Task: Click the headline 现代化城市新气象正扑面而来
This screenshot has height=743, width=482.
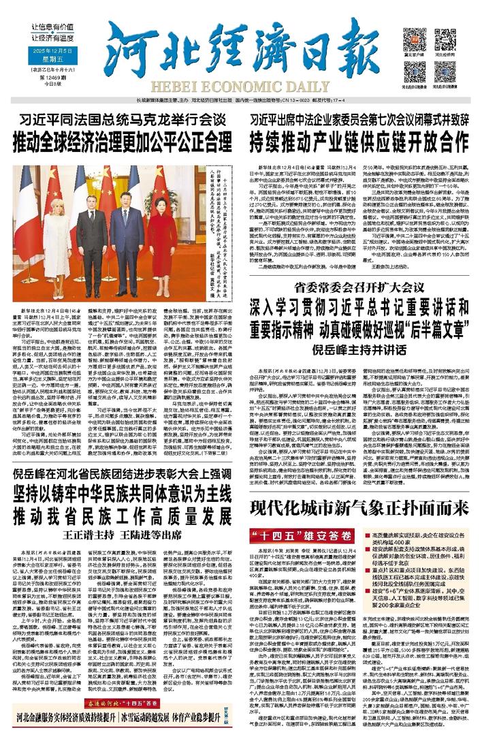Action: (359, 507)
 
